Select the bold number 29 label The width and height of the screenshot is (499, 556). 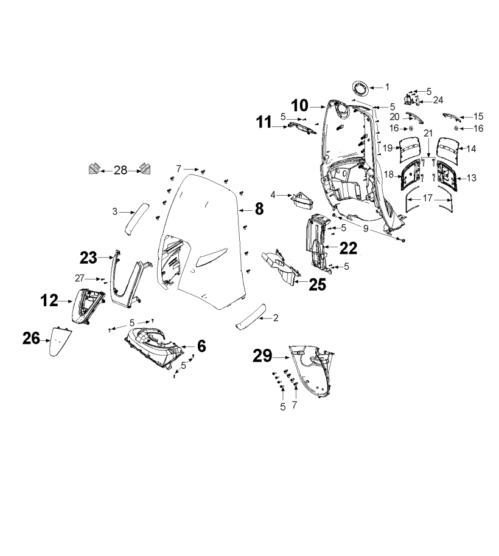click(262, 356)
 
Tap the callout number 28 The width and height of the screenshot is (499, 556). click(120, 170)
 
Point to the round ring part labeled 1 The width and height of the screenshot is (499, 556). click(360, 88)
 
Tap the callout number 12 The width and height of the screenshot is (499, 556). click(50, 300)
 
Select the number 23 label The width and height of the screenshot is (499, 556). click(89, 258)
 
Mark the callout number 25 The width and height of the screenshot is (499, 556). click(317, 284)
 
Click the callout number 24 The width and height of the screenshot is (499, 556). click(438, 100)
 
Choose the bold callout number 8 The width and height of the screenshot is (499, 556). click(259, 209)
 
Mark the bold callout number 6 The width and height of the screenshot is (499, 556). click(201, 346)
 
